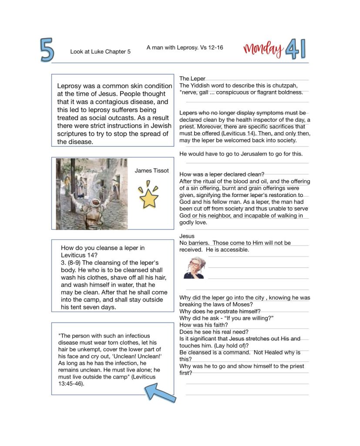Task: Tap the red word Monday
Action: [x=263, y=49]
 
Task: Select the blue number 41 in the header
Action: [x=296, y=49]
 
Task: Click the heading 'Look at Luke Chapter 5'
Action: [x=100, y=52]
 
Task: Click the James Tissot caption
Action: [x=151, y=170]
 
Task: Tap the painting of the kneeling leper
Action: [x=91, y=193]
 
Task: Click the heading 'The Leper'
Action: [x=192, y=78]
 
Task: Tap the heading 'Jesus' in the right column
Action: [x=187, y=236]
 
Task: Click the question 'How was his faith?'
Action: [x=203, y=324]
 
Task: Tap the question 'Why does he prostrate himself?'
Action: [x=220, y=311]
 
